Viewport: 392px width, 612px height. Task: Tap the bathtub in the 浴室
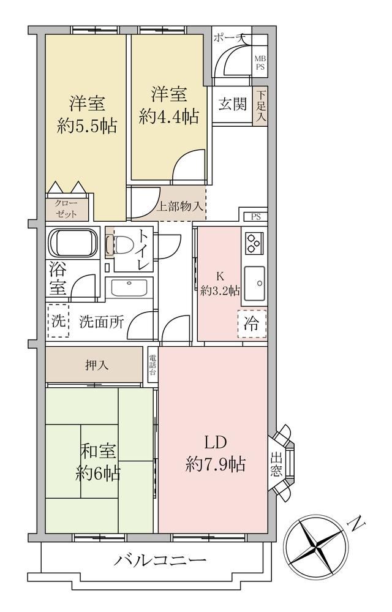73,243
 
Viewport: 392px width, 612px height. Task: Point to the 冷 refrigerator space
252,323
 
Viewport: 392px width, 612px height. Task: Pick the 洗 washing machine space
58,321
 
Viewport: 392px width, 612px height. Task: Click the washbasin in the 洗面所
129,289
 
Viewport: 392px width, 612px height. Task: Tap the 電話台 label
153,365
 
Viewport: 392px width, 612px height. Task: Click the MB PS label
260,63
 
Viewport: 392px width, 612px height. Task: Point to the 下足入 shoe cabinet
261,106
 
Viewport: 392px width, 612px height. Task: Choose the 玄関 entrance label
233,104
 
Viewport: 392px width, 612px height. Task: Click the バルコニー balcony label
160,561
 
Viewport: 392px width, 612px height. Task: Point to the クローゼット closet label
66,209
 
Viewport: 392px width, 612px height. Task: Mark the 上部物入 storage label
180,206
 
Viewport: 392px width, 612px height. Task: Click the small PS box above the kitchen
256,217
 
